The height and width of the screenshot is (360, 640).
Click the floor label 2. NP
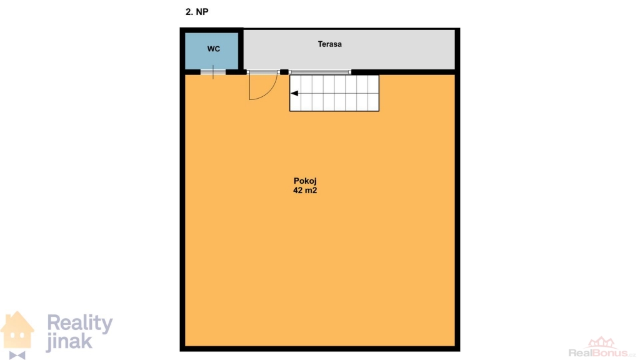pyautogui.click(x=197, y=12)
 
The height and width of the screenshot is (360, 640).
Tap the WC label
pyautogui.click(x=214, y=49)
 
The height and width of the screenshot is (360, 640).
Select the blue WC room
pyautogui.click(x=211, y=51)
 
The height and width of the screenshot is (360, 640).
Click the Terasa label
pyautogui.click(x=330, y=44)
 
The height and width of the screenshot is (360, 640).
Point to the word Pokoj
pyautogui.click(x=305, y=181)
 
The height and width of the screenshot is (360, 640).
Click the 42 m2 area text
pyautogui.click(x=305, y=190)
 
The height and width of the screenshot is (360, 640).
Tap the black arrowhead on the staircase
pyautogui.click(x=294, y=94)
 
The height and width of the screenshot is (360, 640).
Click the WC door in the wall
pyautogui.click(x=212, y=72)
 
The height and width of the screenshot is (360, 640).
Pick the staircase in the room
pyautogui.click(x=334, y=92)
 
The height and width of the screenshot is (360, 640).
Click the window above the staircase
pyautogui.click(x=320, y=72)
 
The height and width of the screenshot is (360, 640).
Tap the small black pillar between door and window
pyautogui.click(x=284, y=72)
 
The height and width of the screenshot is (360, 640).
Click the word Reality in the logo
pyautogui.click(x=80, y=323)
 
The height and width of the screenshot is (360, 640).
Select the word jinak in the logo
pyautogui.click(x=69, y=342)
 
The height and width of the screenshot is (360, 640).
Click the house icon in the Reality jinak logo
pyautogui.click(x=17, y=330)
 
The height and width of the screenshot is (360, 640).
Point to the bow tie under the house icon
pyautogui.click(x=17, y=355)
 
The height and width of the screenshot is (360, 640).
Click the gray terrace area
pyautogui.click(x=349, y=49)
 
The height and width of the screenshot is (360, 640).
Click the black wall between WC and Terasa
pyautogui.click(x=241, y=51)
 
